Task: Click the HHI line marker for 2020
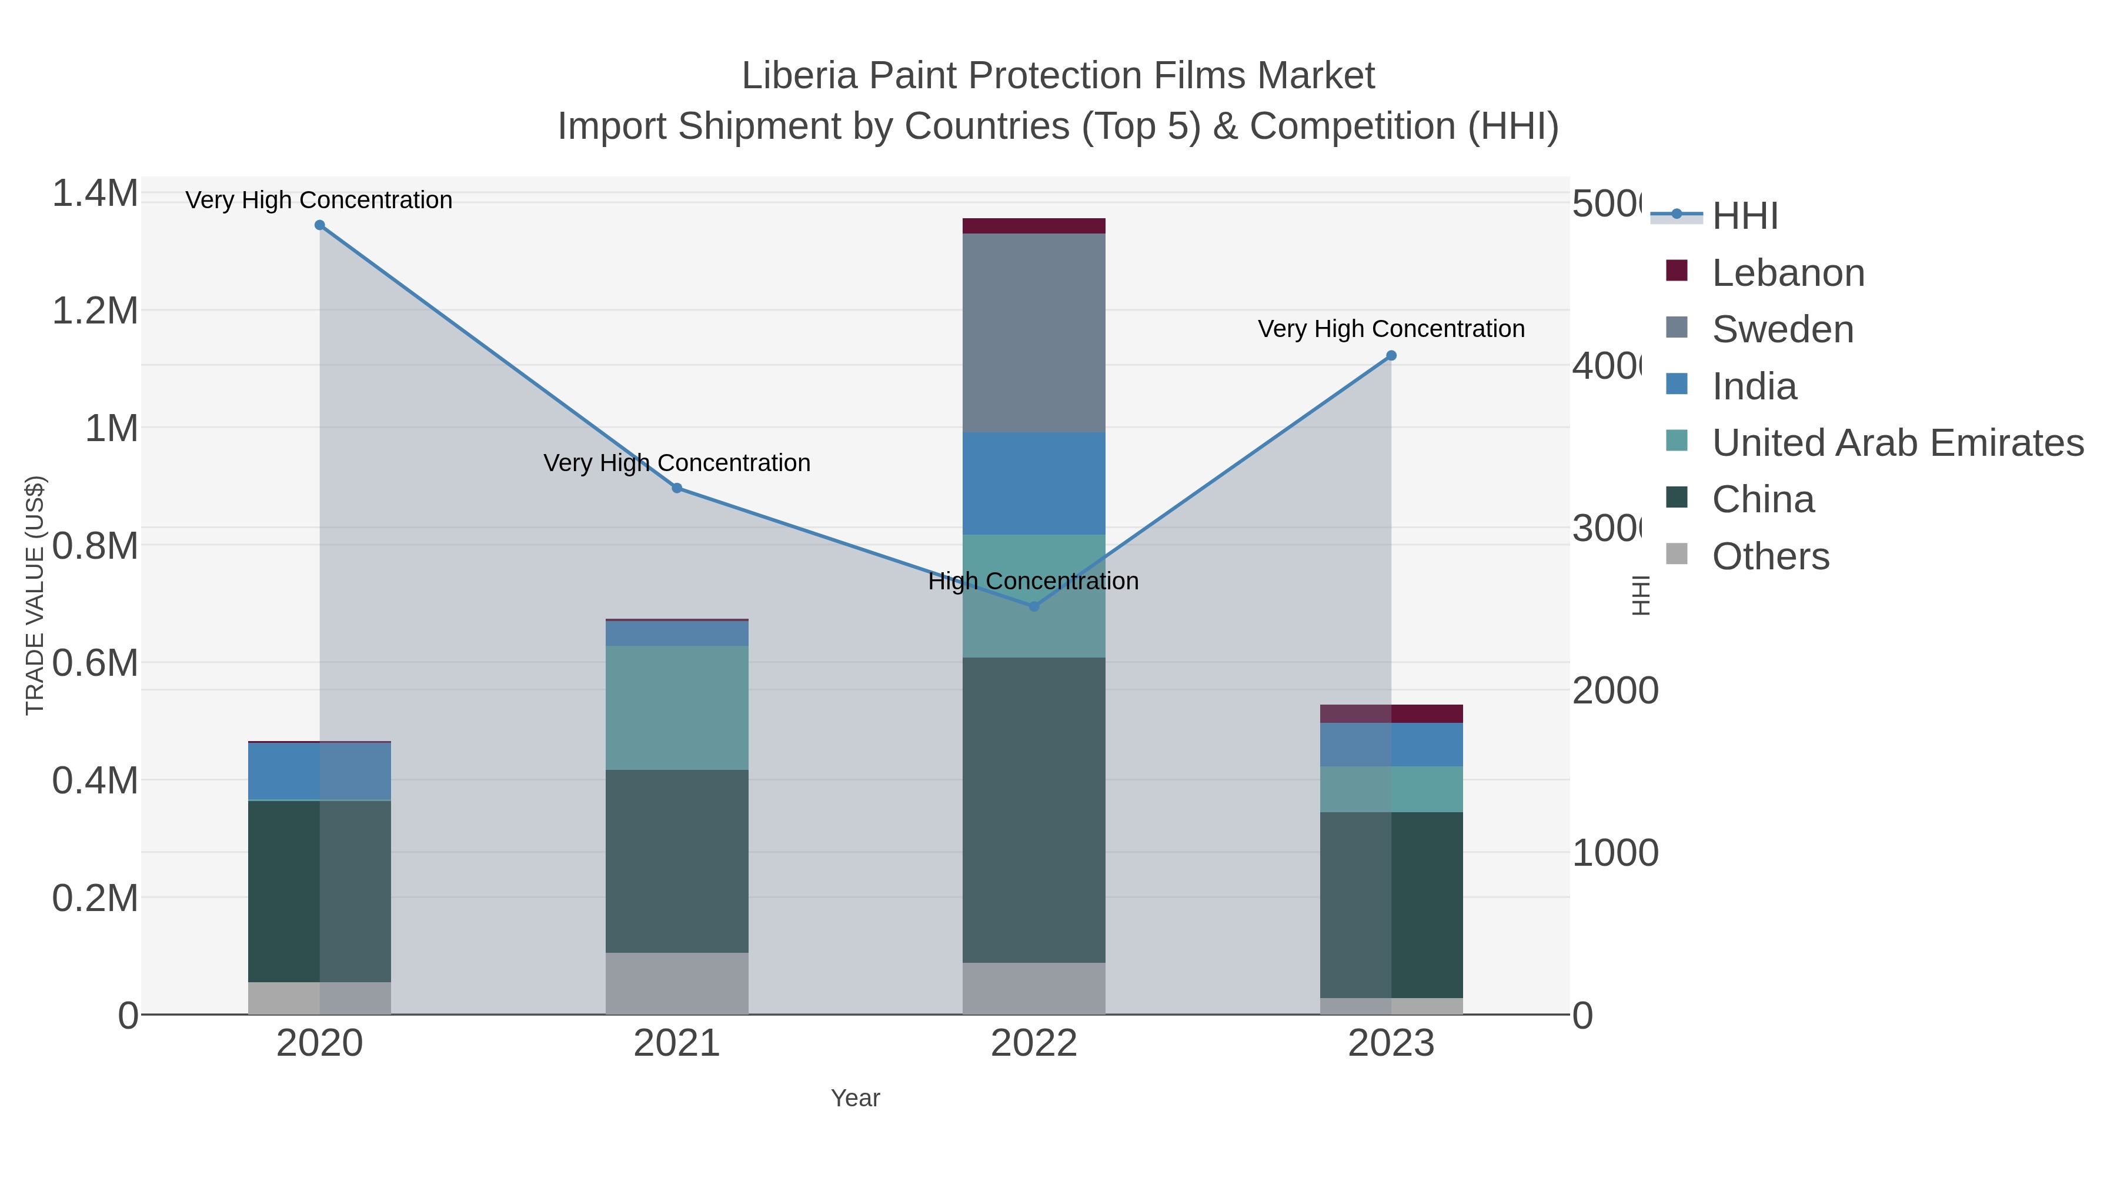(x=320, y=225)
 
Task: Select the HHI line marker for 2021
(x=677, y=488)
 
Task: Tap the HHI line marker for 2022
(x=1034, y=606)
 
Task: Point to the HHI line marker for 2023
(x=1391, y=356)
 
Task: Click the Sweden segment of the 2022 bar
(x=1034, y=333)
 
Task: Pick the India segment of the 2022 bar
(x=1034, y=483)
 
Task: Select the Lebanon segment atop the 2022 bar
(x=1034, y=226)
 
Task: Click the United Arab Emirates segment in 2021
(x=677, y=707)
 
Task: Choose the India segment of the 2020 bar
(x=320, y=771)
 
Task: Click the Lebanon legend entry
(x=1788, y=273)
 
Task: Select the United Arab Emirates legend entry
(x=1896, y=443)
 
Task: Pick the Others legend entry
(x=1770, y=556)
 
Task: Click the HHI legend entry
(x=1745, y=216)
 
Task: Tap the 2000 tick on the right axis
(x=1614, y=690)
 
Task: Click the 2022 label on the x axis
(x=1034, y=1044)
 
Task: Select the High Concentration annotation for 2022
(x=1033, y=581)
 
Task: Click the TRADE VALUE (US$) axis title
(x=35, y=595)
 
